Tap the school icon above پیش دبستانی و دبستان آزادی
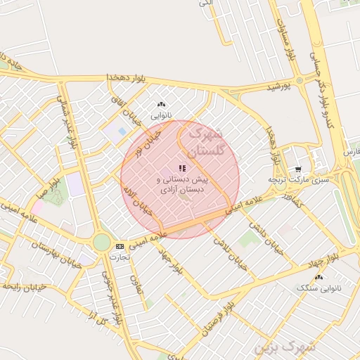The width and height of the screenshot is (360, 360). (x=182, y=168)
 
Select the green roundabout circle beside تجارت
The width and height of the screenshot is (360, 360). (x=102, y=242)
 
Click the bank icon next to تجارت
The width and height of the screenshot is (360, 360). (x=120, y=246)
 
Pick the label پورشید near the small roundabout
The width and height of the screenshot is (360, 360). (x=278, y=86)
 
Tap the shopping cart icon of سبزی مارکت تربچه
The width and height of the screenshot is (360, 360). (x=298, y=169)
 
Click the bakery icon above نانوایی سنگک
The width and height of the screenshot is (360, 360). (x=319, y=278)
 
